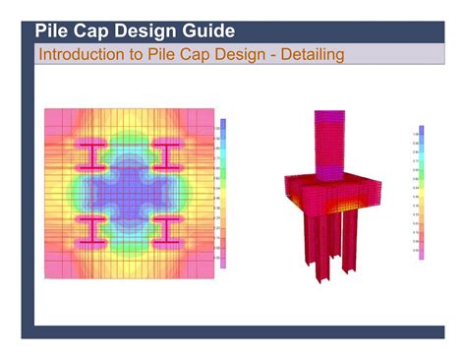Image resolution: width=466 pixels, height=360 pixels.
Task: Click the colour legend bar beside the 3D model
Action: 420,193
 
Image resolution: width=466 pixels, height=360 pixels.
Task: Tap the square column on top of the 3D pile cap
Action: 327,144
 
